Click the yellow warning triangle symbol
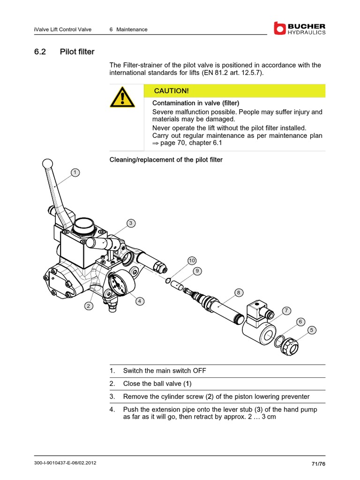coord(122,97)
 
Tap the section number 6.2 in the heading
coord(40,52)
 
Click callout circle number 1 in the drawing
coord(74,172)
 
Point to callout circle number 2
coord(88,306)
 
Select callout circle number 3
coord(131,223)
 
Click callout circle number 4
coord(139,301)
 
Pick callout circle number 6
coord(301,322)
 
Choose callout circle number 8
coord(238,293)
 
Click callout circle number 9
coord(197,270)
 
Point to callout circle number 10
coord(192,260)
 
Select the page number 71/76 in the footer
coord(318,464)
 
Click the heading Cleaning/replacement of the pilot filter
coord(166,160)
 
